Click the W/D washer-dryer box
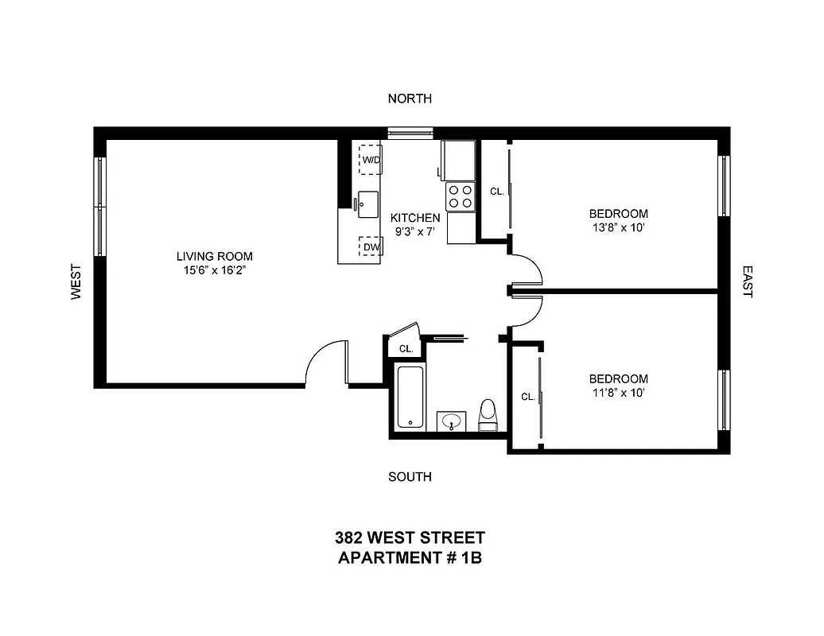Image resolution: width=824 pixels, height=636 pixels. [x=371, y=159]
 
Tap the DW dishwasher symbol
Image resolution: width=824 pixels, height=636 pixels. [x=371, y=247]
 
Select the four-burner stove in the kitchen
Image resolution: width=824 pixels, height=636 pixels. [x=460, y=196]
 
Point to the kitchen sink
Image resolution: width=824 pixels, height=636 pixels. [x=367, y=203]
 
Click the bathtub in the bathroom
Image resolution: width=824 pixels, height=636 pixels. [x=410, y=397]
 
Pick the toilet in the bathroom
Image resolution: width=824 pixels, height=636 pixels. [x=488, y=415]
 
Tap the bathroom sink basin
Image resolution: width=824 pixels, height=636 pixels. [x=452, y=421]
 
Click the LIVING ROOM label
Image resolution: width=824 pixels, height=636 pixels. [x=215, y=256]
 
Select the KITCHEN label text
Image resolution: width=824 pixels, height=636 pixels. [x=414, y=217]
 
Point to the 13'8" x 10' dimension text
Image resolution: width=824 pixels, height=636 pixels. [x=618, y=227]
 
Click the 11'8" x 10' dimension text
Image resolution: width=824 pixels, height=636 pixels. [x=618, y=393]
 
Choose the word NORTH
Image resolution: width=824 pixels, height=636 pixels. [x=410, y=99]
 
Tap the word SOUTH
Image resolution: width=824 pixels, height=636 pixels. [x=410, y=477]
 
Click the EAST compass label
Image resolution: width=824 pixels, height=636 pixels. [x=747, y=281]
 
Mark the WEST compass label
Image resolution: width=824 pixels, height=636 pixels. [x=76, y=281]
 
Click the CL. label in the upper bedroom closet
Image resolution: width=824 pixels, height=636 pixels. [x=496, y=192]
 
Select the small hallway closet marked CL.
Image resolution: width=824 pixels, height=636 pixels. [x=406, y=348]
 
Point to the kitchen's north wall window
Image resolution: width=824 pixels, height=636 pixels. [x=410, y=132]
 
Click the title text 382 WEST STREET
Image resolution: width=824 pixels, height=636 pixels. [x=410, y=538]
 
